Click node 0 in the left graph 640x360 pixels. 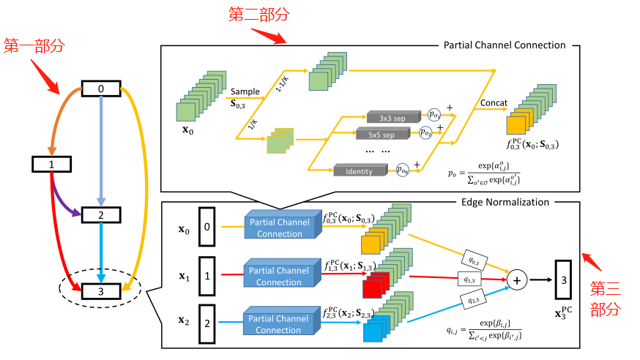(x=102, y=89)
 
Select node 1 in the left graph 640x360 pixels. (x=52, y=164)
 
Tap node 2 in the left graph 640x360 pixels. (x=102, y=215)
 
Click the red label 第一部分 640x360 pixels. (x=34, y=46)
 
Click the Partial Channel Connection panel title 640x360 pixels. (x=505, y=45)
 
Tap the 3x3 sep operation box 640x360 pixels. (x=386, y=116)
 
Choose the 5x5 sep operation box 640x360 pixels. (x=386, y=135)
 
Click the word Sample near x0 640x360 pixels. (x=246, y=92)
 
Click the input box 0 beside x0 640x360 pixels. (x=207, y=228)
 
